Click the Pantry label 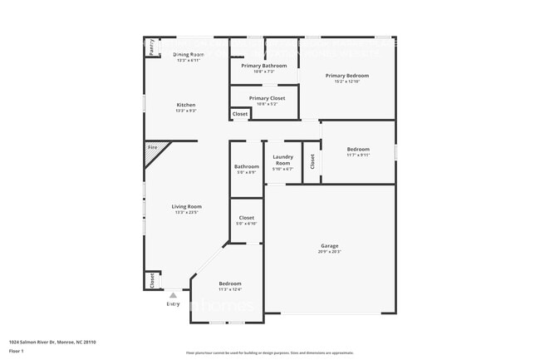(152, 48)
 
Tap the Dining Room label (189, 55)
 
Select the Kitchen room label (186, 105)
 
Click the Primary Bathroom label (264, 66)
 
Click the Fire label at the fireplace (152, 148)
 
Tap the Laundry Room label (282, 160)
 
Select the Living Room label (187, 206)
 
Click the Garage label (330, 245)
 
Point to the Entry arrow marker (173, 294)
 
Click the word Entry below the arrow (173, 303)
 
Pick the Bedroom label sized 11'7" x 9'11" (358, 150)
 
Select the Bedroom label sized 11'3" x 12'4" (230, 284)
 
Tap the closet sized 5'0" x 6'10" (246, 218)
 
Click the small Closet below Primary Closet (239, 114)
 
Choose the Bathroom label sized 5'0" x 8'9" (247, 166)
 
